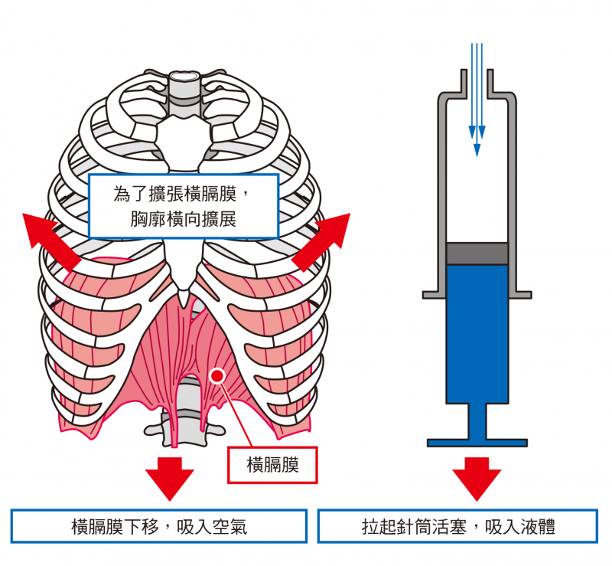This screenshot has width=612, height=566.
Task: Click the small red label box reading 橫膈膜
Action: pos(272,465)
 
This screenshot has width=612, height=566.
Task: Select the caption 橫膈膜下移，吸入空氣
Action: pos(159,526)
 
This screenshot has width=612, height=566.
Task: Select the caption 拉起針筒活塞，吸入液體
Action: pos(458,526)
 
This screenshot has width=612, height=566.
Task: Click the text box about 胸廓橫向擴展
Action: pos(183,205)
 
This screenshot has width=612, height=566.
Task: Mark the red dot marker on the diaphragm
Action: pos(216,375)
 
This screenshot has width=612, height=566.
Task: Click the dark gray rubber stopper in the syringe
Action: pos(477,254)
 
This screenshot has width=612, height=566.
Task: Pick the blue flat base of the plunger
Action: pos(477,443)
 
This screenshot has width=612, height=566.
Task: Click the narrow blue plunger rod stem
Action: pos(477,420)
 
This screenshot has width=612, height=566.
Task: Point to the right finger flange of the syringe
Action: pos(521,294)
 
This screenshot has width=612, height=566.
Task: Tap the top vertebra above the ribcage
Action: pos(183,78)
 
